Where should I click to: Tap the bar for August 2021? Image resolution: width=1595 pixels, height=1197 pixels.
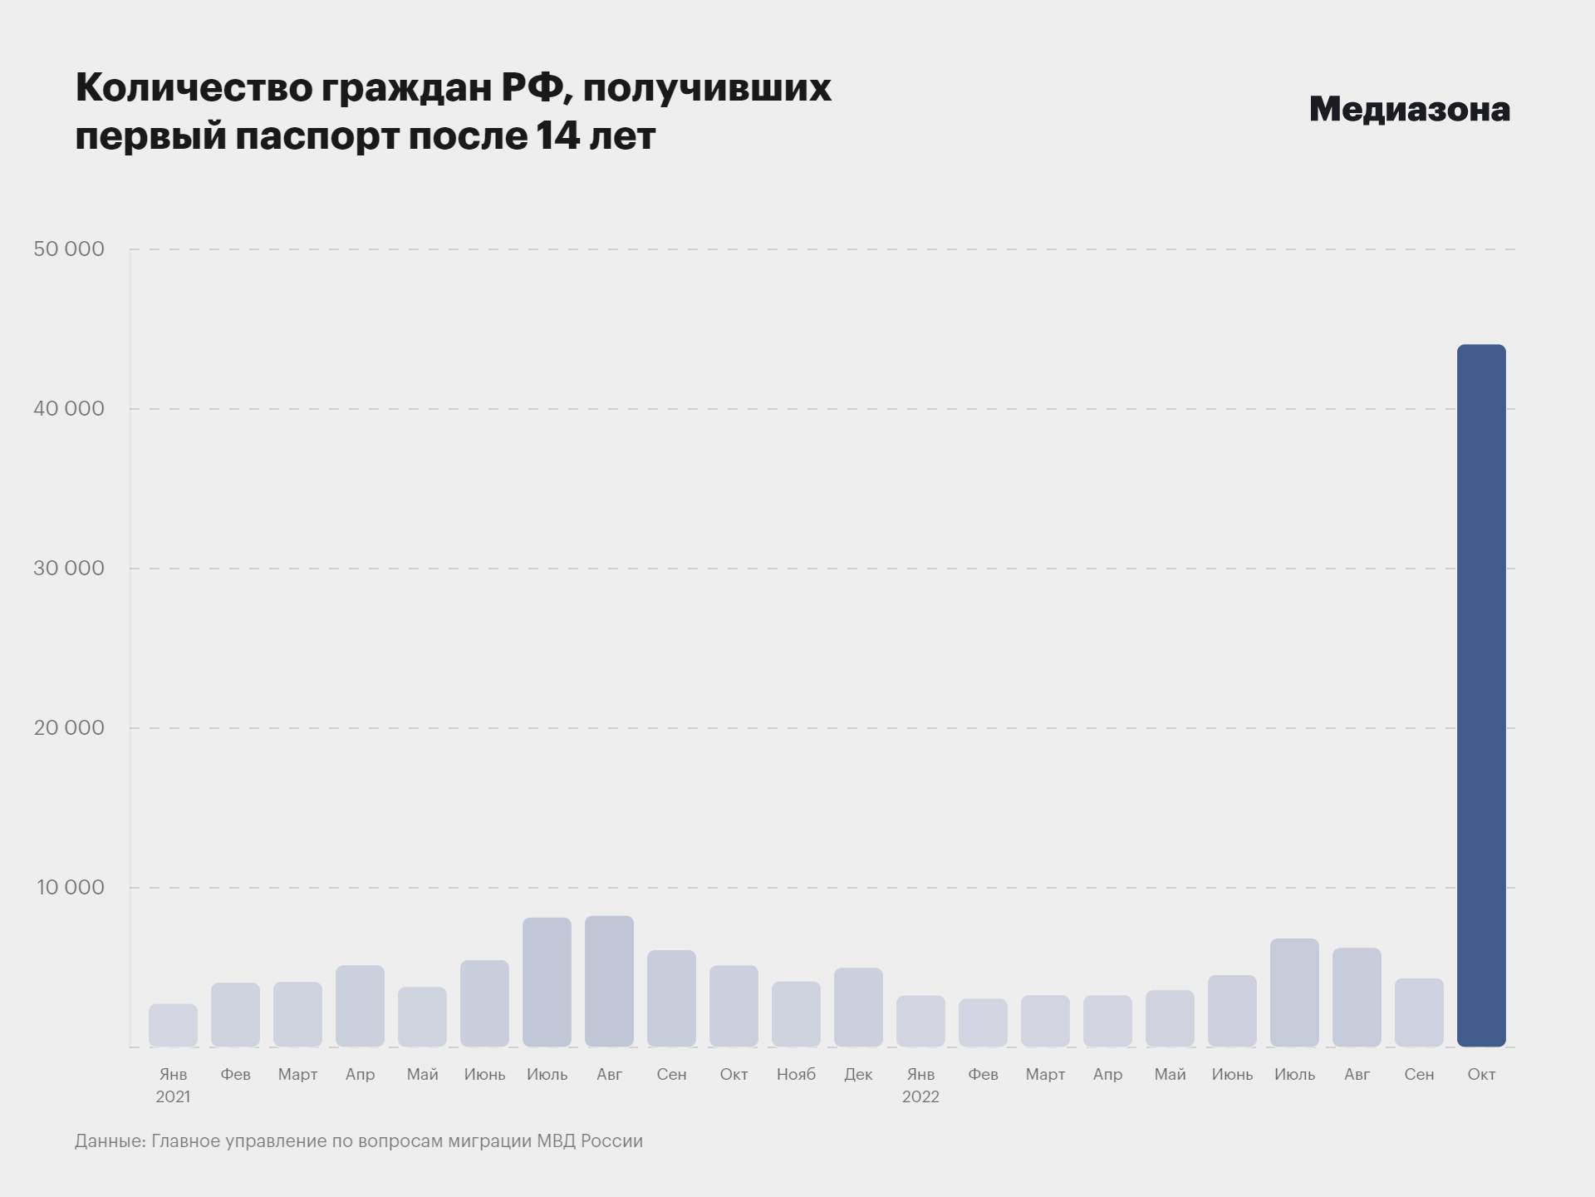(609, 981)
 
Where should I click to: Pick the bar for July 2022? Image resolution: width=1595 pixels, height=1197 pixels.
(1294, 993)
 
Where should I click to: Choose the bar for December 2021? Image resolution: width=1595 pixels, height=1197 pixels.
(858, 1007)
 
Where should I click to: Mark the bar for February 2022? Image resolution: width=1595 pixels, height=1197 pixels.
(983, 1022)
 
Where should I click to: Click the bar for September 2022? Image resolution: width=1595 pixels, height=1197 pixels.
(1419, 1012)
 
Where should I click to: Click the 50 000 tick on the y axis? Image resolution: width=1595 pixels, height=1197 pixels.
(69, 249)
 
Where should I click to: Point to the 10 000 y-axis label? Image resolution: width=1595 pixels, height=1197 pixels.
(70, 887)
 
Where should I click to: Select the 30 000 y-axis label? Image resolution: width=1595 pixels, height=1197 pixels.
(69, 568)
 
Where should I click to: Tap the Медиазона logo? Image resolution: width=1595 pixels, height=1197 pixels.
(1409, 109)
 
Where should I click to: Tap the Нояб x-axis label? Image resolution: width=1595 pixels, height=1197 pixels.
(796, 1074)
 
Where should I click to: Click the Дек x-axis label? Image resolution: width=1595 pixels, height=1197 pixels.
(858, 1074)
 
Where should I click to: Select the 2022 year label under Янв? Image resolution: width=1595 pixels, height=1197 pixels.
(920, 1096)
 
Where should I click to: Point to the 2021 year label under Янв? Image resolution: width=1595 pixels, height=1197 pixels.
(173, 1096)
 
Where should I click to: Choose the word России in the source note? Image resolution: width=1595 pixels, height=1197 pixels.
(611, 1140)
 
